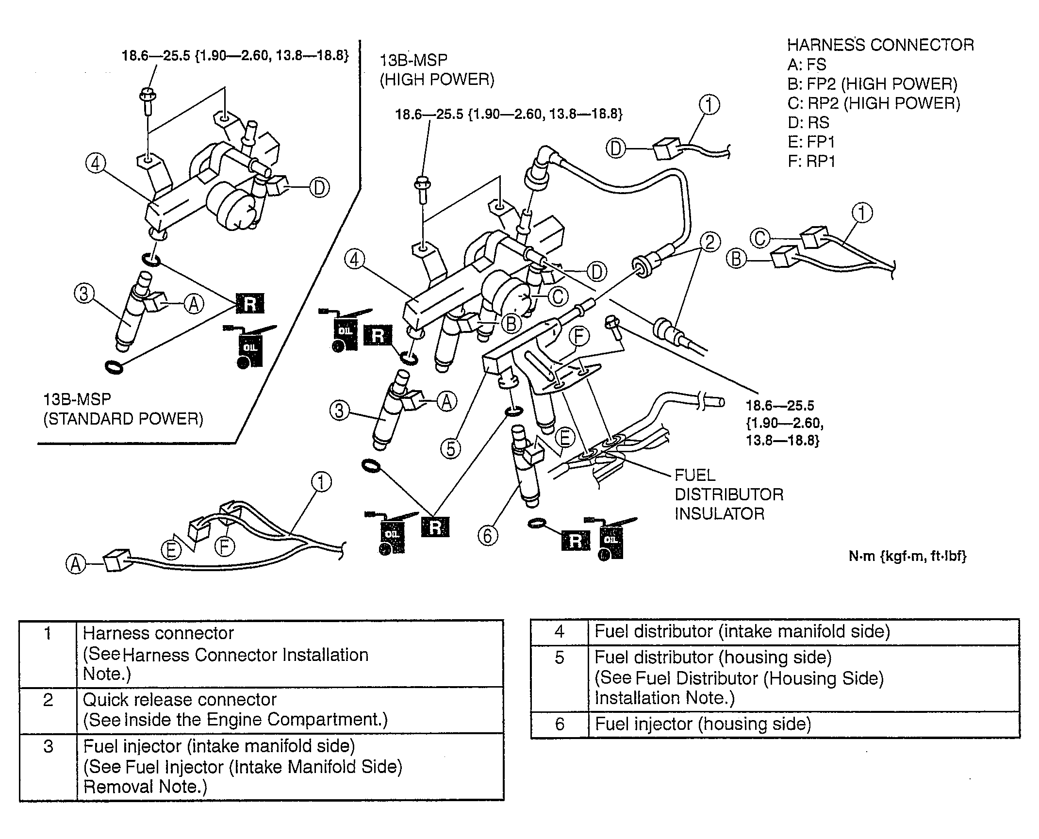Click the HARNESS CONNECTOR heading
pyautogui.click(x=880, y=45)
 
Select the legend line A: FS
pyautogui.click(x=807, y=65)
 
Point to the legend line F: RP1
pyautogui.click(x=811, y=161)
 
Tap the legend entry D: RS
pyautogui.click(x=808, y=122)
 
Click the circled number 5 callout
pyautogui.click(x=451, y=448)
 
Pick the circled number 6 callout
pyautogui.click(x=488, y=536)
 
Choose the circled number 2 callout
pyautogui.click(x=710, y=242)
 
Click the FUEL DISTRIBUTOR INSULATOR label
pyautogui.click(x=728, y=494)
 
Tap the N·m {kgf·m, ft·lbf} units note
pyautogui.click(x=907, y=556)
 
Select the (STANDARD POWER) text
pyautogui.click(x=123, y=419)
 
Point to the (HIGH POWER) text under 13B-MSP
pyautogui.click(x=437, y=80)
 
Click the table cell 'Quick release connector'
pyautogui.click(x=180, y=700)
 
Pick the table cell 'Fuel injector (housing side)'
pyautogui.click(x=703, y=724)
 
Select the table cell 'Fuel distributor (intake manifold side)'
pyautogui.click(x=742, y=631)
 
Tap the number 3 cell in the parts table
pyautogui.click(x=48, y=746)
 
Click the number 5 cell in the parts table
pyautogui.click(x=559, y=658)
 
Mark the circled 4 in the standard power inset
pyautogui.click(x=96, y=164)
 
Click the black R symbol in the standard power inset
pyautogui.click(x=250, y=304)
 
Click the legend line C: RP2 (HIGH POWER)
pyautogui.click(x=874, y=103)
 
